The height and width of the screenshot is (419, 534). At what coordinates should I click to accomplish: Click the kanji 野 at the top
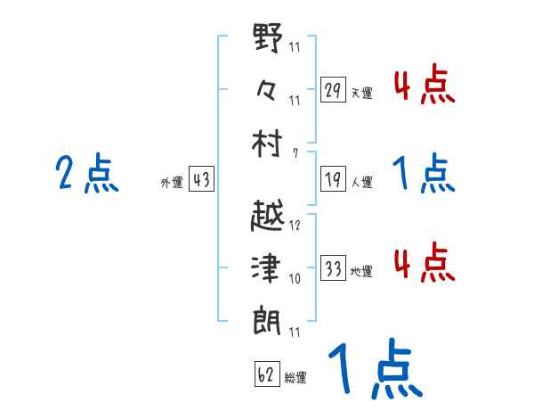coord(268,41)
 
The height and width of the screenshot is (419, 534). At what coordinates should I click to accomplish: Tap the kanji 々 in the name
coord(267,89)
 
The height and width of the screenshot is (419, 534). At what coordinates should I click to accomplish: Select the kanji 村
coord(268,142)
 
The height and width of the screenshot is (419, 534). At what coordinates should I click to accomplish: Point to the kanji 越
coord(268,218)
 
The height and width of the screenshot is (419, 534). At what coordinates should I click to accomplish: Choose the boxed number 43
coord(201,180)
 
